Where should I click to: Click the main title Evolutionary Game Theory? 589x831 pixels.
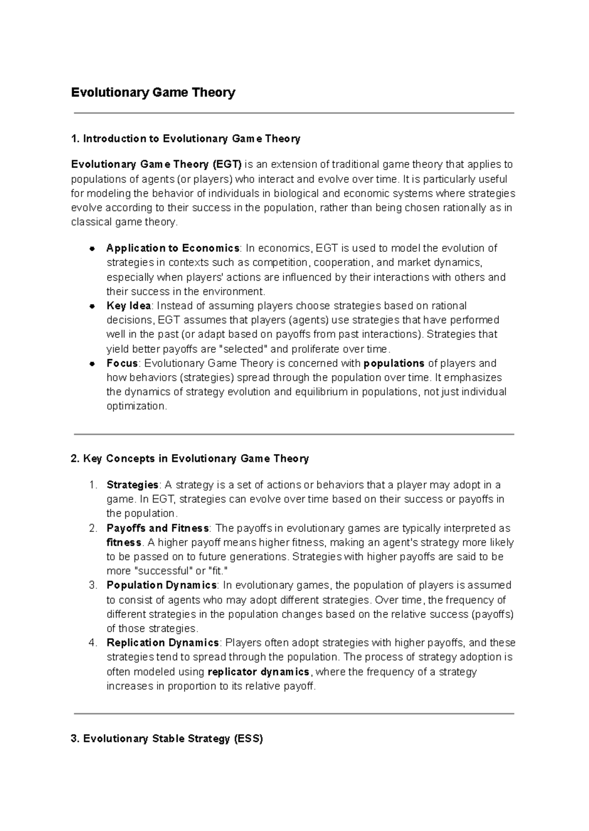[153, 92]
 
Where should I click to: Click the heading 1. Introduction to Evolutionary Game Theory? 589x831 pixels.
[186, 139]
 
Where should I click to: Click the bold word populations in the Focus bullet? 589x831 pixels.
[394, 364]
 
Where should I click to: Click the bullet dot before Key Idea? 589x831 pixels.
[92, 306]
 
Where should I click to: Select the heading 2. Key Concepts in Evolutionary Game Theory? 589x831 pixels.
[190, 459]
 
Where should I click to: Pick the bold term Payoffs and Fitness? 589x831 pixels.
[158, 528]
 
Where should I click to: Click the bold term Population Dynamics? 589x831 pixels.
[161, 585]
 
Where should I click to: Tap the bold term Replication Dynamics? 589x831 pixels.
[162, 643]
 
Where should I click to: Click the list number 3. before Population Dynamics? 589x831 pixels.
[93, 585]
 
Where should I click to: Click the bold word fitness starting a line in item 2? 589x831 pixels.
[124, 543]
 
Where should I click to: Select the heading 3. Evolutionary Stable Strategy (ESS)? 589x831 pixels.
[167, 739]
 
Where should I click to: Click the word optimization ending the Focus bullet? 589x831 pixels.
[136, 406]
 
